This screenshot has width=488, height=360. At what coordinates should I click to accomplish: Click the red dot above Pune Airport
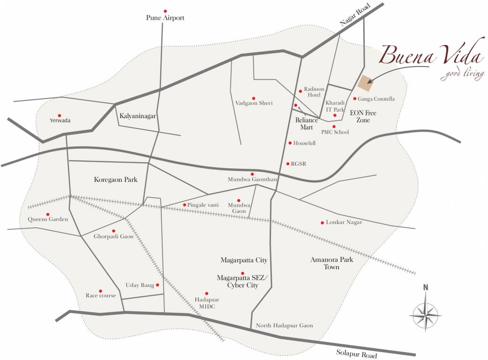(165, 11)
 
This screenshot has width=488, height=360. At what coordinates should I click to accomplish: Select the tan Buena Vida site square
(366, 82)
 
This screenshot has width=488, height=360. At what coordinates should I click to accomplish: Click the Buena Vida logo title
(431, 56)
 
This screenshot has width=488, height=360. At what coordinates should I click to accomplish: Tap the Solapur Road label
(357, 354)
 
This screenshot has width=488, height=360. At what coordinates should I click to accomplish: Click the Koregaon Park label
(115, 180)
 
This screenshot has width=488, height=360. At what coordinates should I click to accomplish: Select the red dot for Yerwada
(60, 115)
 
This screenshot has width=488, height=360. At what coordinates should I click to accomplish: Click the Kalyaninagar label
(137, 115)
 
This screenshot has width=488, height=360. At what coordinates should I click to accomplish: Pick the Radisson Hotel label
(312, 91)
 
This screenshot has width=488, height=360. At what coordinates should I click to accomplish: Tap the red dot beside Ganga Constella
(355, 98)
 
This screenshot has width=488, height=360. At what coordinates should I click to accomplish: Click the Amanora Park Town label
(331, 263)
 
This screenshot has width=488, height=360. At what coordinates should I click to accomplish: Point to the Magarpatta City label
(244, 260)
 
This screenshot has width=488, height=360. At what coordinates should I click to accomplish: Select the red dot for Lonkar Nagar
(322, 223)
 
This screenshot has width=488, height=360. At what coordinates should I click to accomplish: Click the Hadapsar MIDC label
(207, 302)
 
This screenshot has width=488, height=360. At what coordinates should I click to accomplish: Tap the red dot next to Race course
(100, 291)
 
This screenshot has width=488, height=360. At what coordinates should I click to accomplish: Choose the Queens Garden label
(48, 219)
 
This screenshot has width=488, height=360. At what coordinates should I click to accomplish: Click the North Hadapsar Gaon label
(284, 326)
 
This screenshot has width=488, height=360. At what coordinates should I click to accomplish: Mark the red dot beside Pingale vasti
(185, 205)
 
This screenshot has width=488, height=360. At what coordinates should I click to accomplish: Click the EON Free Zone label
(364, 117)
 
